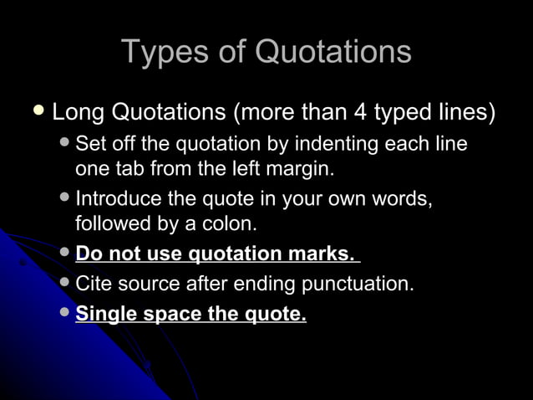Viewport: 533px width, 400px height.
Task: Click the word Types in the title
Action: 165,52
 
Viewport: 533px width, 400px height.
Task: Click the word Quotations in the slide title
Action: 332,52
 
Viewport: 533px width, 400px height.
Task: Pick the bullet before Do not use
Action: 66,252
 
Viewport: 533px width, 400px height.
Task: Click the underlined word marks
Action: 320,253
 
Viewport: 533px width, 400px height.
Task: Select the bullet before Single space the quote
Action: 66,314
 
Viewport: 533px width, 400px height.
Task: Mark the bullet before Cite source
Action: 66,283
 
